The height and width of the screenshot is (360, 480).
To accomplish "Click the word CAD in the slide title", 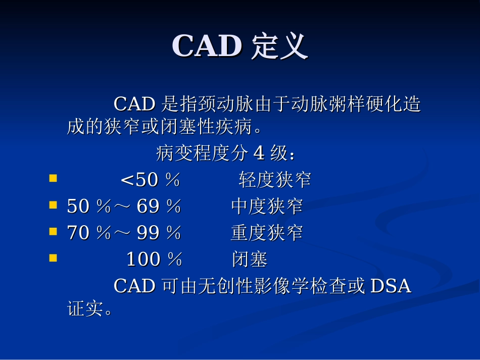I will coord(207,46).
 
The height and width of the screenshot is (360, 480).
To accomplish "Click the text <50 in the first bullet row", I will coord(139,180).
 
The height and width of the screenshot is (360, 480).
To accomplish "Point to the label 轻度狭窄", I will coord(275,180).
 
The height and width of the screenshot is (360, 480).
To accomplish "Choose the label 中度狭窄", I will coord(267,206).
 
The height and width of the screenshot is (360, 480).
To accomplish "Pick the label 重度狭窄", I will coord(267,233).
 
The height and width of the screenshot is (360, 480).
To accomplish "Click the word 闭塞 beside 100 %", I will coord(250,260).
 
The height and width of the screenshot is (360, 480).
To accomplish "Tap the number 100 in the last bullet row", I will coord(143,260).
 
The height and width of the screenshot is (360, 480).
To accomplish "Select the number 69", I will coord(149,206).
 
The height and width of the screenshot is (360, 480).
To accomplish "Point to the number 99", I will coord(149,233).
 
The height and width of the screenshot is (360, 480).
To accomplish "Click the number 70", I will coord(78,233).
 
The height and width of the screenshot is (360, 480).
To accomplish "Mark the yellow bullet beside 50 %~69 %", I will coord(53,205).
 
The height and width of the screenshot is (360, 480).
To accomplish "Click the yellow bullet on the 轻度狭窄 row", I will coord(53,178).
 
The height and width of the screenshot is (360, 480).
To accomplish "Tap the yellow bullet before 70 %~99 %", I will coord(53,232).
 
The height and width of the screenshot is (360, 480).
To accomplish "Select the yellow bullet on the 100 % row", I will coord(53,258).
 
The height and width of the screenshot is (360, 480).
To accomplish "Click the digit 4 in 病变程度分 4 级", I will coord(259,153).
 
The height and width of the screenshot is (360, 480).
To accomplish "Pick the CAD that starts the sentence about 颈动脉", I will coord(134,105).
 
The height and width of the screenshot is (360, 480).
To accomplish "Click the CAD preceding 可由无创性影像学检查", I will coord(134,286).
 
